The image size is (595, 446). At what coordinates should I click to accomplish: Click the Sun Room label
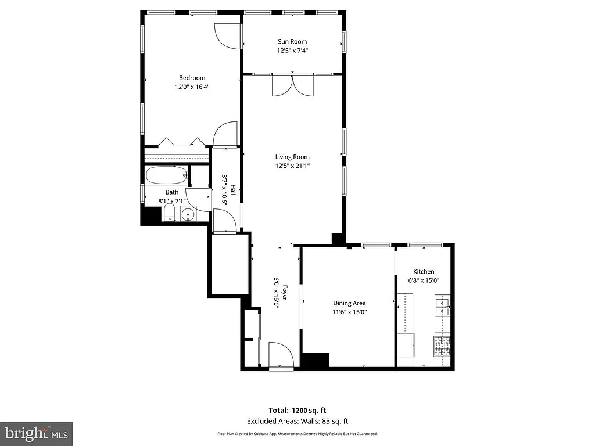pos(292,41)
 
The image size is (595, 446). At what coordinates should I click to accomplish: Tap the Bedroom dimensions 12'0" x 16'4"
pos(192,87)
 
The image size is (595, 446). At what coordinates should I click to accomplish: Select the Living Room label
pos(292,157)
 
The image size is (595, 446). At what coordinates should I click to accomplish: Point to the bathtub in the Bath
pos(166,174)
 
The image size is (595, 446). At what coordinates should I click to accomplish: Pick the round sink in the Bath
pos(188,216)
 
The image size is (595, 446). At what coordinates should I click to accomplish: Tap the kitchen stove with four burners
pos(442,347)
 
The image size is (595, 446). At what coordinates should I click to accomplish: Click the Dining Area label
pos(349,303)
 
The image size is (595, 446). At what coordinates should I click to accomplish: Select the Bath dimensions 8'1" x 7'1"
pos(172,201)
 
